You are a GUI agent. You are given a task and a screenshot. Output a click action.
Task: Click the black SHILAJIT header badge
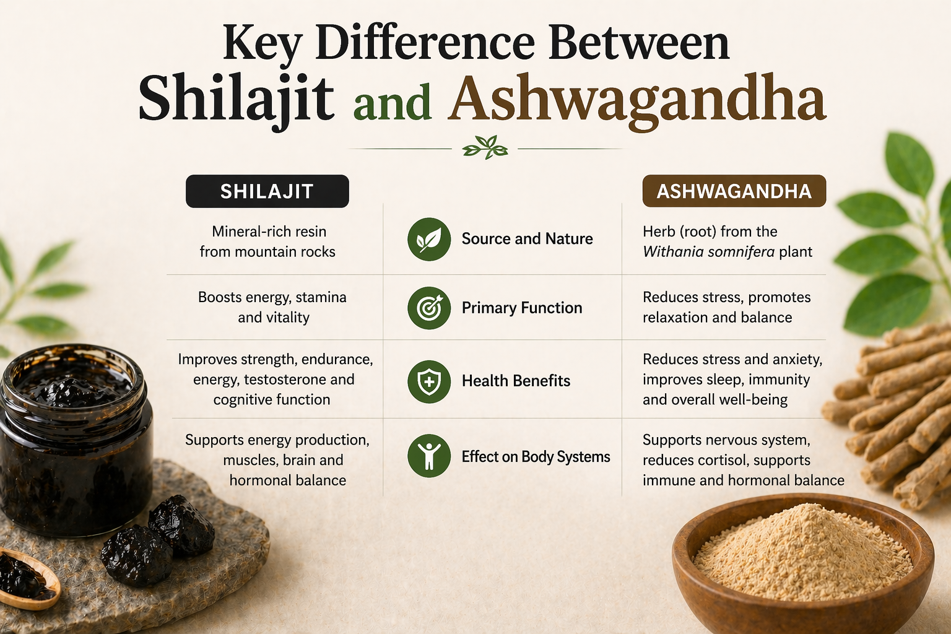(267, 191)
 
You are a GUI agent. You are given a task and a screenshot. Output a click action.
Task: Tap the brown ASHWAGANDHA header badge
(734, 191)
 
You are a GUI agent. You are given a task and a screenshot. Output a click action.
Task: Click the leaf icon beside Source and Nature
(428, 239)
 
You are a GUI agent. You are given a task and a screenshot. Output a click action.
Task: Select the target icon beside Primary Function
(428, 308)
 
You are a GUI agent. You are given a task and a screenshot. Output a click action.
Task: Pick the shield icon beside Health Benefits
(428, 381)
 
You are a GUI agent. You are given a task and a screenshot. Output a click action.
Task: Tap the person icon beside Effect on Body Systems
(428, 456)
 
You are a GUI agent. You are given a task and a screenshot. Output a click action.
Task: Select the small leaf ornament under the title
(485, 148)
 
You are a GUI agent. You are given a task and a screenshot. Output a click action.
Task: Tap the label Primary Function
(521, 308)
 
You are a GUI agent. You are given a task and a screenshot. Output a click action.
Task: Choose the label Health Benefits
(516, 381)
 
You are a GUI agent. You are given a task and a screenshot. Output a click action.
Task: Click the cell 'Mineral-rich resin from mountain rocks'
(267, 241)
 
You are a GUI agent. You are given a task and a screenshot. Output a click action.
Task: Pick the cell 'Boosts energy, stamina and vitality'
(272, 307)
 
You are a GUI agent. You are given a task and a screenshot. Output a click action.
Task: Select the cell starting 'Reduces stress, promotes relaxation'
(726, 307)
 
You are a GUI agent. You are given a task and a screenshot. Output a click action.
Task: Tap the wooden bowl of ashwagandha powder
(802, 557)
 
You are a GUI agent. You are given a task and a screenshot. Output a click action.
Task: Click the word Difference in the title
(425, 43)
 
